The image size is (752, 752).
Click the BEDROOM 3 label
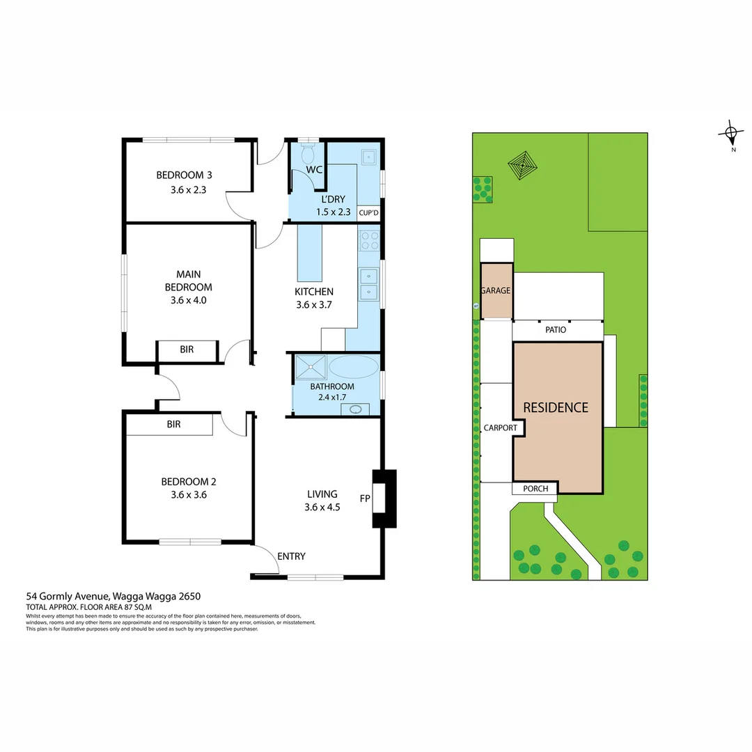click(x=180, y=175)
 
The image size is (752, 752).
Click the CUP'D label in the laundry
click(x=368, y=212)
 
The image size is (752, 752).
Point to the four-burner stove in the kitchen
click(x=369, y=241)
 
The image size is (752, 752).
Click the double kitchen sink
click(x=368, y=283)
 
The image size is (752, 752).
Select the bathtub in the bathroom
click(x=353, y=367)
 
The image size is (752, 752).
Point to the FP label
click(x=364, y=499)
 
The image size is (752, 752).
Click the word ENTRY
click(x=291, y=556)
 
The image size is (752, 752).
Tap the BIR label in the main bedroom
click(x=187, y=350)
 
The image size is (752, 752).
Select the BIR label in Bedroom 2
click(x=173, y=423)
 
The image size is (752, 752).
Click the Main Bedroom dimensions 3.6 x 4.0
click(x=188, y=301)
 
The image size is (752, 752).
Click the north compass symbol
click(x=730, y=133)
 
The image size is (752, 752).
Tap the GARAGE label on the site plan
click(x=496, y=291)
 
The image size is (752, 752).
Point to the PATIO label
click(x=555, y=330)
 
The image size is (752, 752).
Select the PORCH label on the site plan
click(x=535, y=489)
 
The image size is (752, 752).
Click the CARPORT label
click(x=500, y=428)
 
